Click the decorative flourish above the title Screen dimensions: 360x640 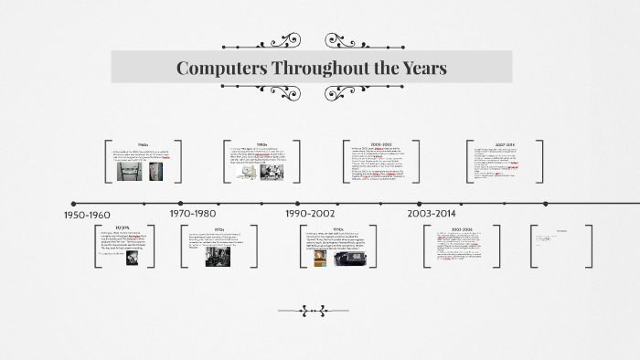(312, 40)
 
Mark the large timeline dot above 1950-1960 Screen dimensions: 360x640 (73, 204)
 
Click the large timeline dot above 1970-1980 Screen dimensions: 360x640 (181, 204)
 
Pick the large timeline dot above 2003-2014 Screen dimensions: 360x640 (420, 204)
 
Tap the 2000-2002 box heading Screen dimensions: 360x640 (381, 144)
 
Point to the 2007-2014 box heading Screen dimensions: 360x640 (505, 144)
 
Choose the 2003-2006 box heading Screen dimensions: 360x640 (461, 229)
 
